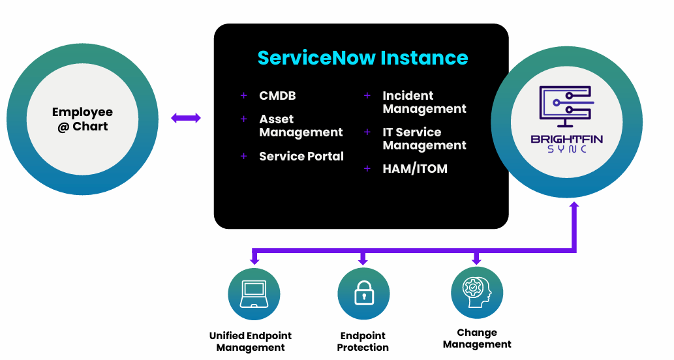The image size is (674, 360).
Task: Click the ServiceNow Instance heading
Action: pos(363,57)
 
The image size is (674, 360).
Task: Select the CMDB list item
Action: pos(277,96)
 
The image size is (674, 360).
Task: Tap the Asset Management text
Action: pos(301,126)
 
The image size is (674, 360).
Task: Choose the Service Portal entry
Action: pos(301,157)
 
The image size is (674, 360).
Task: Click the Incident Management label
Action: pos(424,102)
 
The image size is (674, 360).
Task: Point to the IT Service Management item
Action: pos(424,139)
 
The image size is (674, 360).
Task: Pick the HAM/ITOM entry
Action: pos(415,169)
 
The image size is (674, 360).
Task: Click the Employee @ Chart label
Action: pos(82,119)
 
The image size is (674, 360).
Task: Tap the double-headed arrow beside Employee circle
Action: pos(186,118)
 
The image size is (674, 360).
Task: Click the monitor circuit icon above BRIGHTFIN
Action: pos(566,106)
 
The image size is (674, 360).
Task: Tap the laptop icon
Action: pos(253,293)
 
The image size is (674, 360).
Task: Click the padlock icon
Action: pos(363,293)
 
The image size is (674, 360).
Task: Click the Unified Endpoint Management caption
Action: pos(251,342)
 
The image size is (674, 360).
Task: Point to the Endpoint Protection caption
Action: pos(363,342)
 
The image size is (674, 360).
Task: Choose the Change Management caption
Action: pos(477,338)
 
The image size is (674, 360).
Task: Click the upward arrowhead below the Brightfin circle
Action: pos(574,206)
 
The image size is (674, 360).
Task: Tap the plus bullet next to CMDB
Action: pos(244,96)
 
